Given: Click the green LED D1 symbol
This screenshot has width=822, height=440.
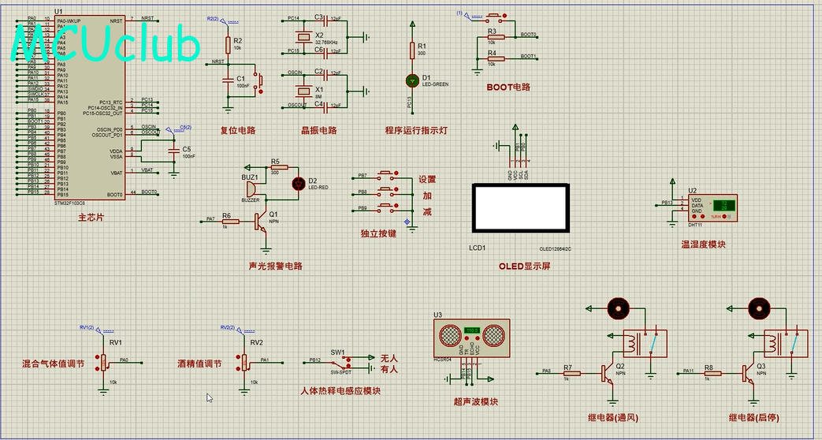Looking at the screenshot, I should click(x=411, y=80).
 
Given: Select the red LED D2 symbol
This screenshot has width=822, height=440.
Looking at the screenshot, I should click(x=299, y=183).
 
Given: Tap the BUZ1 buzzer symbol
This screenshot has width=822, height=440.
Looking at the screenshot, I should click(x=250, y=188).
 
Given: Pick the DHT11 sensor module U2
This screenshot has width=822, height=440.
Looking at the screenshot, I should click(x=712, y=207).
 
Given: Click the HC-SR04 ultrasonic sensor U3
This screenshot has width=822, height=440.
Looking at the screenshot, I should click(x=472, y=337).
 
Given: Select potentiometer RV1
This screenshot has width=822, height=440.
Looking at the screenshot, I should click(x=102, y=362).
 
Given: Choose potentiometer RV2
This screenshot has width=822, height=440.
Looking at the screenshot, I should click(x=244, y=362).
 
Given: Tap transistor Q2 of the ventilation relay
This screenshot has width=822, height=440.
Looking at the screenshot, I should click(x=608, y=372).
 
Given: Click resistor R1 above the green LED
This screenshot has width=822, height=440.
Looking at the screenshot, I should click(x=411, y=50).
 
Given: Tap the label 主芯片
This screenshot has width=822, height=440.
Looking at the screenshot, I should click(x=90, y=217).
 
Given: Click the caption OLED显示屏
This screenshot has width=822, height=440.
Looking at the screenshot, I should click(x=524, y=266).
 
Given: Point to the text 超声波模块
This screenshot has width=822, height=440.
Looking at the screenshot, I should click(x=475, y=402).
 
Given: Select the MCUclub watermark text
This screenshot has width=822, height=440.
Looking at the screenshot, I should click(x=106, y=45).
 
